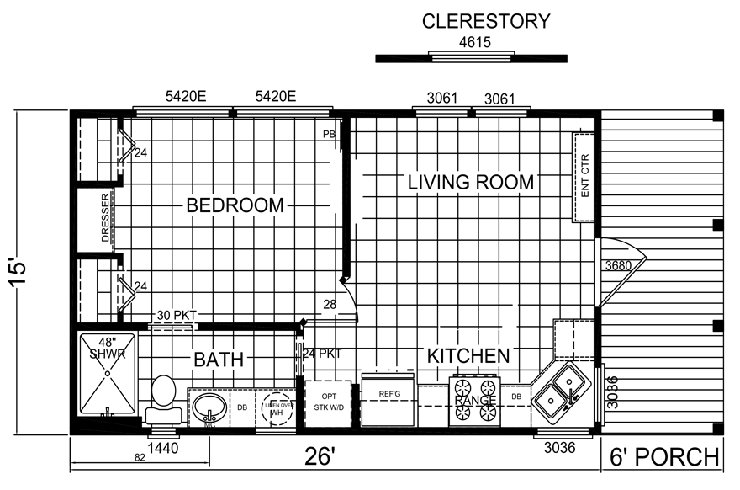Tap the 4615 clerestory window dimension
click(470, 41)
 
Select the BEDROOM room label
click(235, 205)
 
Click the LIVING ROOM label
click(470, 182)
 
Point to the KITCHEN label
click(468, 356)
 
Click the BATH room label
click(219, 360)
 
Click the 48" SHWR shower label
click(107, 349)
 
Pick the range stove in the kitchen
click(474, 399)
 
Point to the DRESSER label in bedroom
click(106, 219)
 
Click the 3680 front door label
click(618, 266)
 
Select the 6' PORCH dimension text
click(663, 457)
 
